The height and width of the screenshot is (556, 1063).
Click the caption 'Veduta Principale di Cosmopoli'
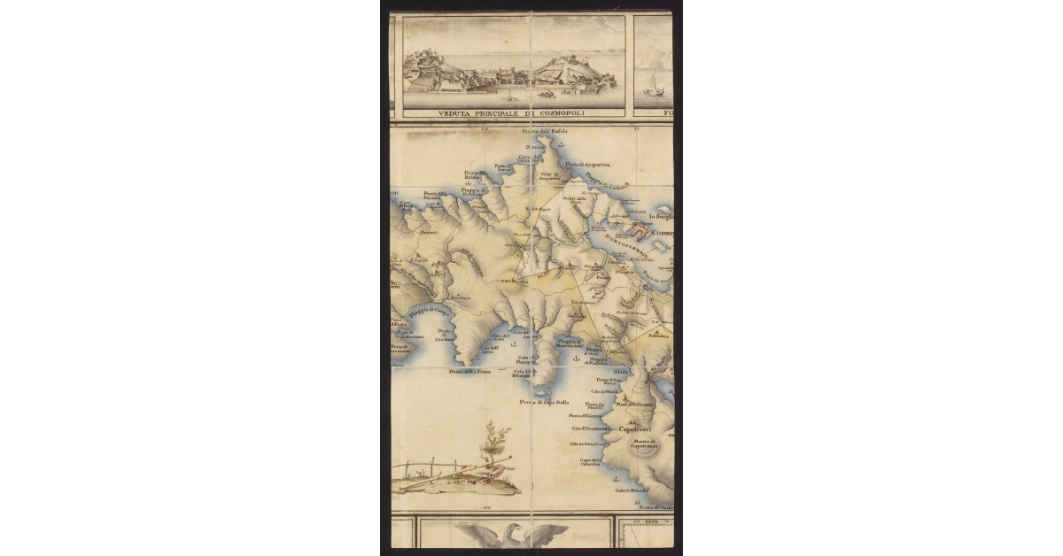point(513,113)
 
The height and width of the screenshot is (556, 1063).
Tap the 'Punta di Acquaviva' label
point(588,165)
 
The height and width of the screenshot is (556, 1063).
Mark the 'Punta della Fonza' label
point(469,372)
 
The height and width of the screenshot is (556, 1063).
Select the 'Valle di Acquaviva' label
point(551,176)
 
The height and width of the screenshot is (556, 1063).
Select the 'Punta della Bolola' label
point(471,175)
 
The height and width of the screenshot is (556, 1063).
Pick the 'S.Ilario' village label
point(418,260)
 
